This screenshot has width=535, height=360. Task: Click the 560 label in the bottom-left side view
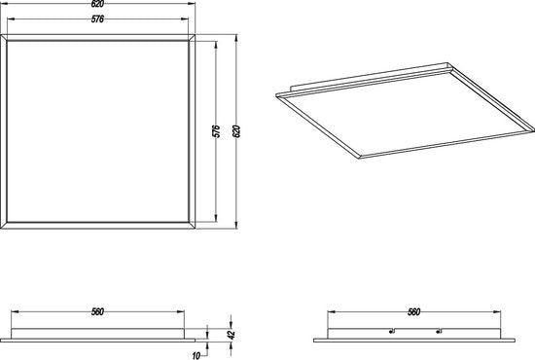point(98,312)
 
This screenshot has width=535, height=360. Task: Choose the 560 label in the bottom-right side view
point(415,312)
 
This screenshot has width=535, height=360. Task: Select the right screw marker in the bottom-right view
point(439,329)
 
